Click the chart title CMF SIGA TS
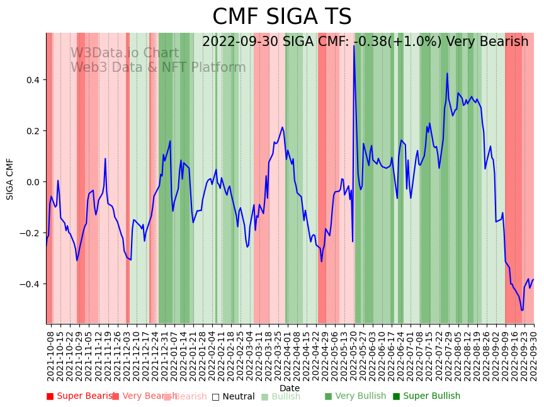tap(281, 17)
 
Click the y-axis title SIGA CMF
tap(10, 179)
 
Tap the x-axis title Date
tap(290, 388)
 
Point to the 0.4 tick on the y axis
tap(33, 80)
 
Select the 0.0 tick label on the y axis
tap(33, 182)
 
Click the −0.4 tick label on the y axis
tap(30, 284)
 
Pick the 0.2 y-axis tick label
tap(33, 131)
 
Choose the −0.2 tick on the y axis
tap(30, 233)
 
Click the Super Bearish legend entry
tap(82, 396)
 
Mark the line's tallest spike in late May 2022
tap(354, 45)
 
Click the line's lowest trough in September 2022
tap(522, 310)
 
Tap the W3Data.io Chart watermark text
tap(125, 54)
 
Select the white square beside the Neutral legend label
tap(215, 397)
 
